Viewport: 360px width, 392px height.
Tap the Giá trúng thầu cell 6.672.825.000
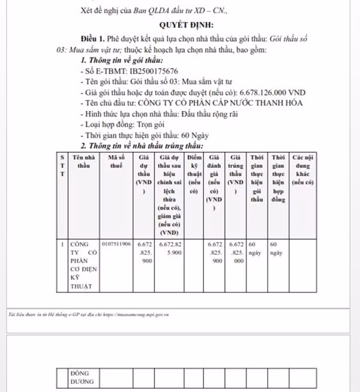236,253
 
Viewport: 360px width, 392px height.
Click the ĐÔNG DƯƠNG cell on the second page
82,376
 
